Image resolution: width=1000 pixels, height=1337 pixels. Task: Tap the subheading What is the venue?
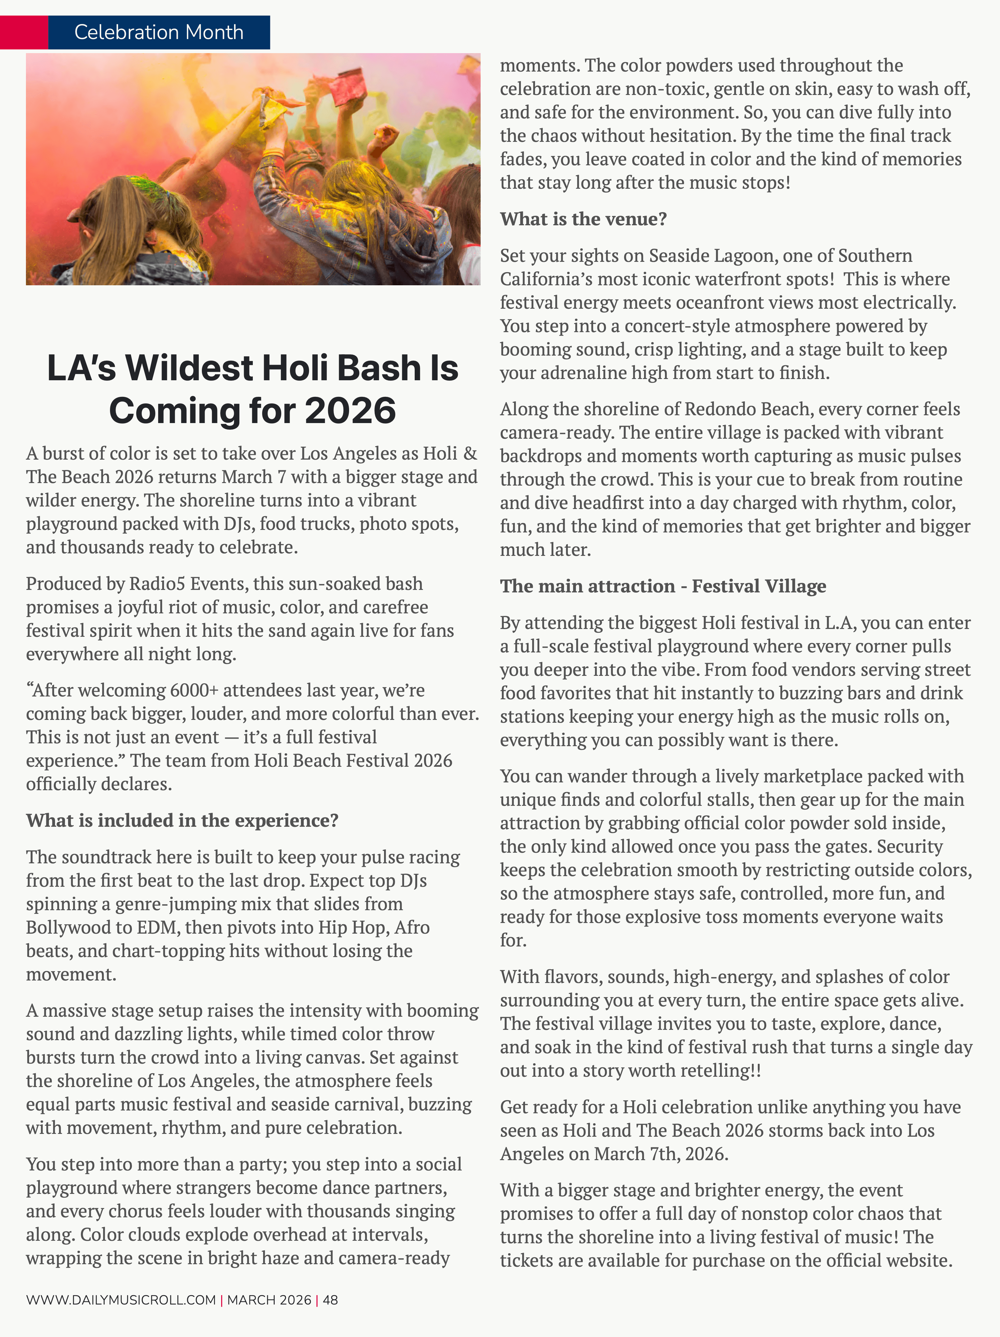[583, 219]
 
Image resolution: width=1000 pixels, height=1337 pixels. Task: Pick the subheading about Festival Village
[662, 586]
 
